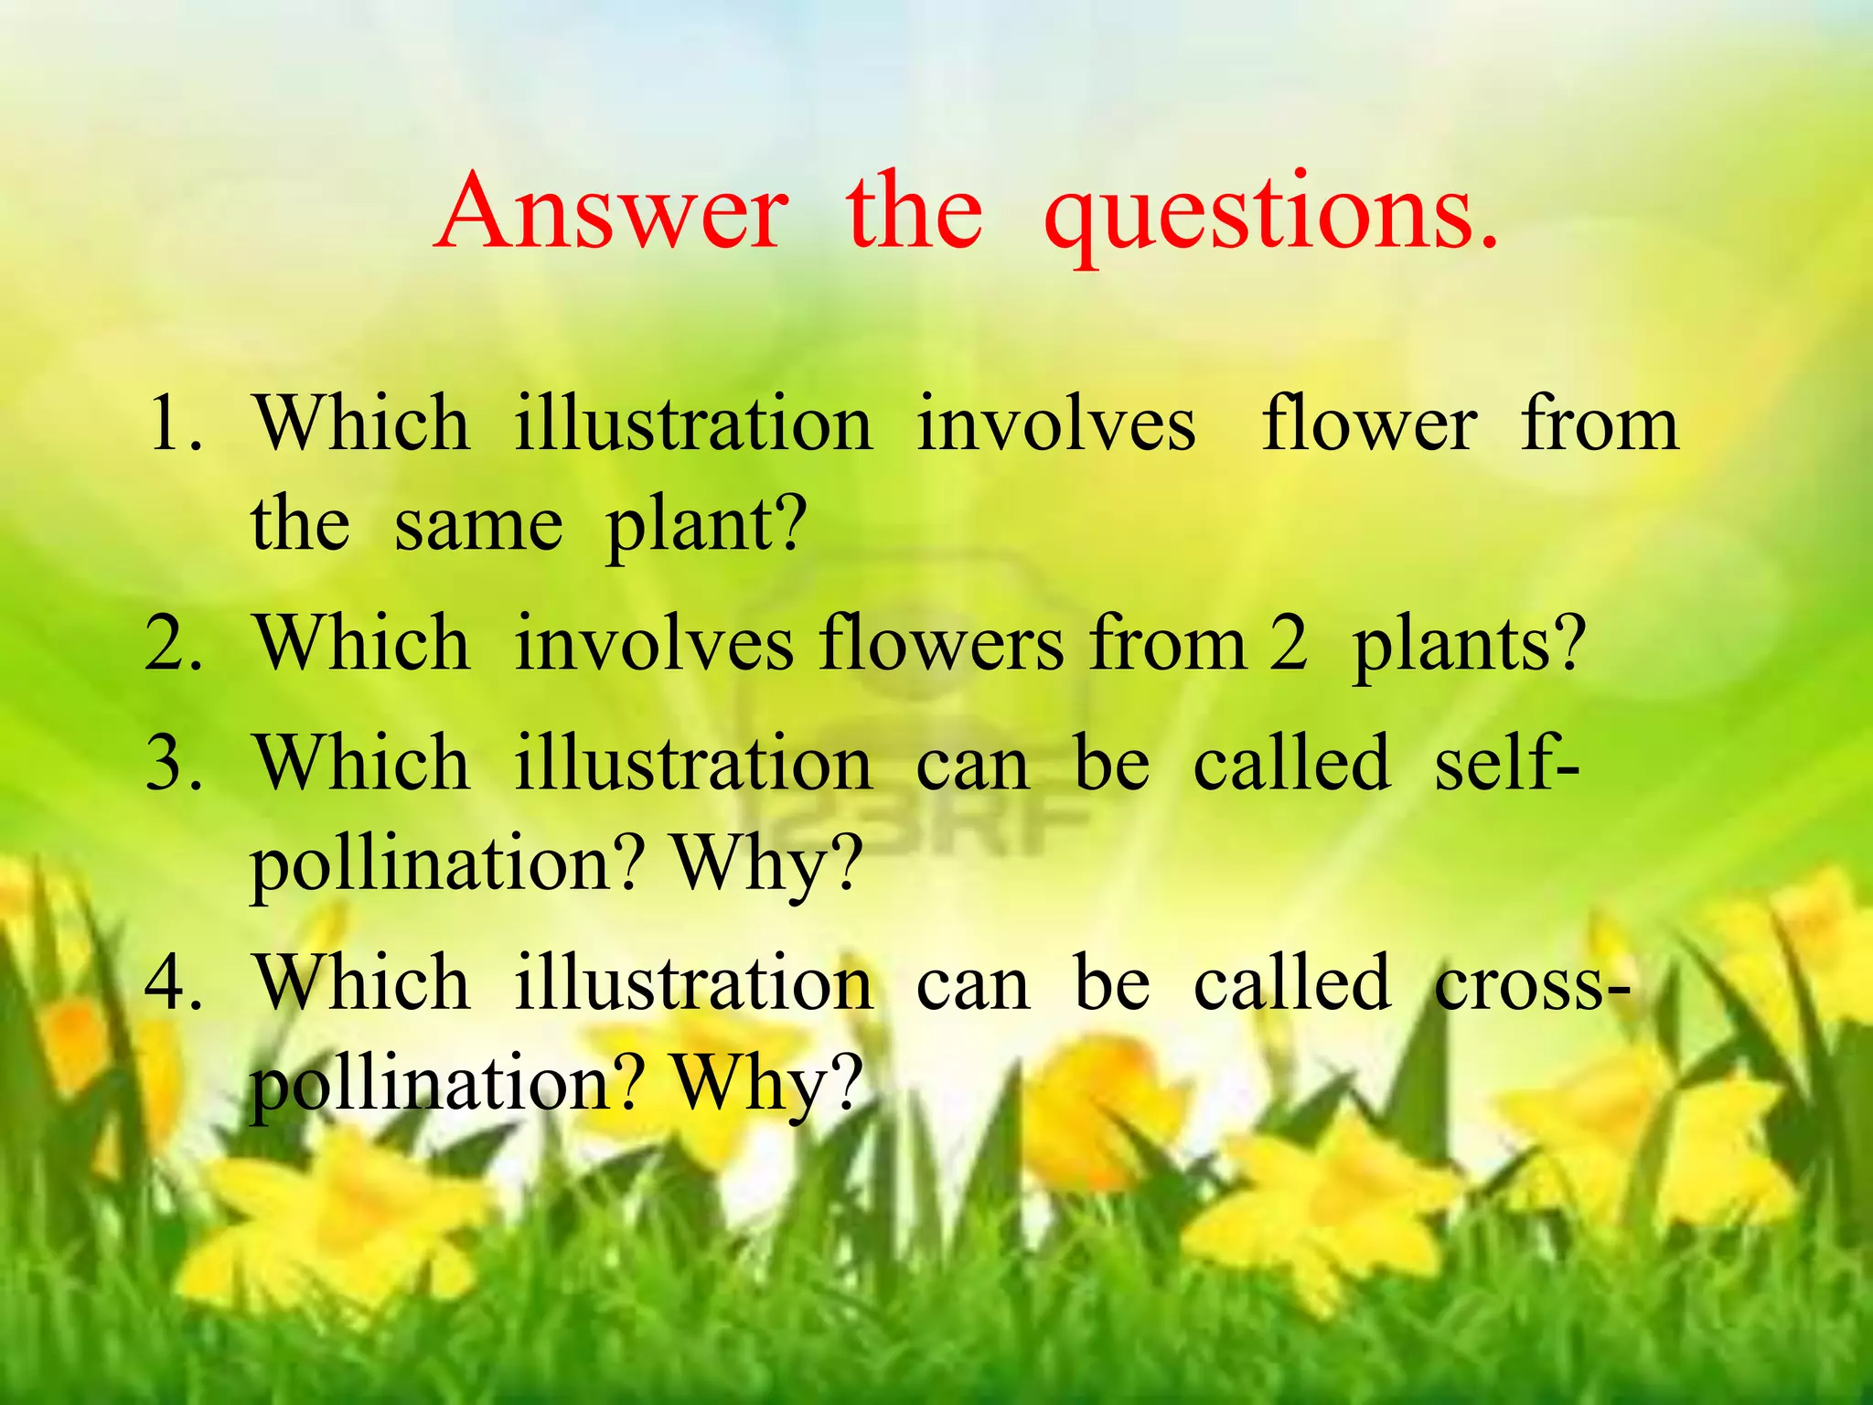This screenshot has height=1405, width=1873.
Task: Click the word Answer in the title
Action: [611, 212]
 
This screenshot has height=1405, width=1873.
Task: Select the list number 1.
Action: [173, 424]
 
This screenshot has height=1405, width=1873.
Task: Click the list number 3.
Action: [173, 764]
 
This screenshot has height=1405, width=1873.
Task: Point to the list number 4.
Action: [173, 983]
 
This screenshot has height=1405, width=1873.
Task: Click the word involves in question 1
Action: [1056, 424]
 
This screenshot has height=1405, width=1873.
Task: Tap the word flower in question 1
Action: [1369, 424]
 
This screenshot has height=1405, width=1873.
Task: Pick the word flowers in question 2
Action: [942, 643]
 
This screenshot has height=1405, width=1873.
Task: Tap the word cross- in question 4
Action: [1532, 983]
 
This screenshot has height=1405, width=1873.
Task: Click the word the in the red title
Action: [914, 212]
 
